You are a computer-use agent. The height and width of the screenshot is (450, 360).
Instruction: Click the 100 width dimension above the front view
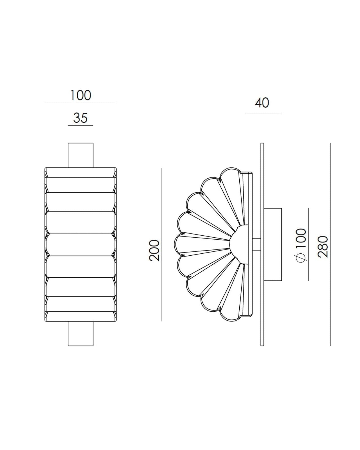click(x=80, y=95)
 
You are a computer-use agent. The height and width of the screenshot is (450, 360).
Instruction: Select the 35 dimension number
click(x=80, y=118)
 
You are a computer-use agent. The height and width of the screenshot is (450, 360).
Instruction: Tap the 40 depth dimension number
click(x=262, y=103)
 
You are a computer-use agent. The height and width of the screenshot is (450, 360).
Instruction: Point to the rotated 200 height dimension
click(x=154, y=250)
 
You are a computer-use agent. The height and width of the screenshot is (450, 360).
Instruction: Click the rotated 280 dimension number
click(x=323, y=247)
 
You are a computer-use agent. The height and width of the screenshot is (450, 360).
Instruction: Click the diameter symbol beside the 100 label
click(x=301, y=258)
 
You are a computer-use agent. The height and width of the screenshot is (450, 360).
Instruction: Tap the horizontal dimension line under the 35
click(x=80, y=125)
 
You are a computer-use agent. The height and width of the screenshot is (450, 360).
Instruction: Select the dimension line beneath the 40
click(x=264, y=114)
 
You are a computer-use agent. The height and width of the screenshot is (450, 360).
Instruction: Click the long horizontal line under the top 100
click(x=80, y=103)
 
